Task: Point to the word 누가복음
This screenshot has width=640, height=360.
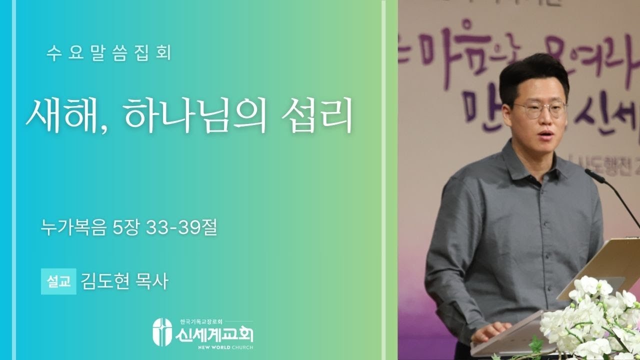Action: tap(75, 229)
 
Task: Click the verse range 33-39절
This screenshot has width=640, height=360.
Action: tap(181, 229)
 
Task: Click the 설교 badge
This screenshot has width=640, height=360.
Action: tap(58, 282)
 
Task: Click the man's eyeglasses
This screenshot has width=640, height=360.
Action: tap(539, 109)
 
